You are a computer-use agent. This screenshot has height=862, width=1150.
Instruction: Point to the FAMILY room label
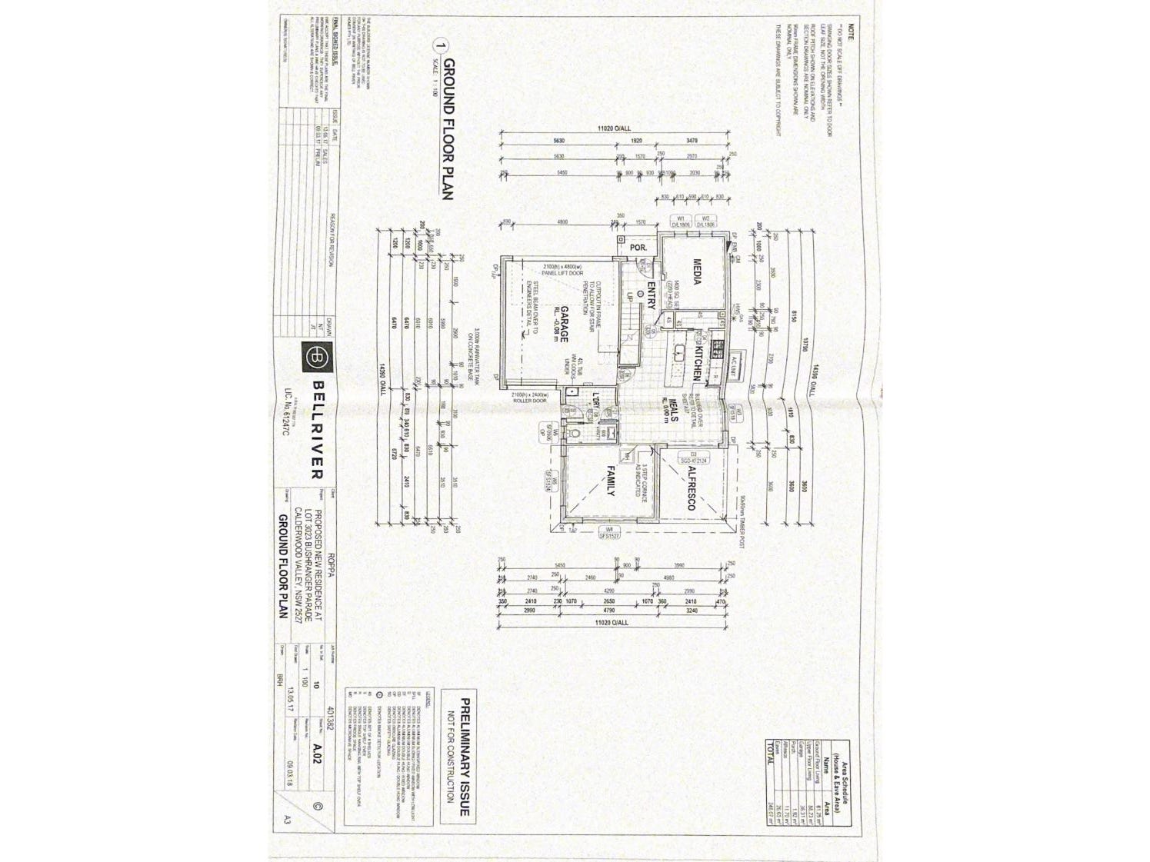pos(612,481)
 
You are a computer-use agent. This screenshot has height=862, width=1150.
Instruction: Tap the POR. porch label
pos(638,248)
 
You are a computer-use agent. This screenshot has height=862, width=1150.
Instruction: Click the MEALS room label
pos(672,406)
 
